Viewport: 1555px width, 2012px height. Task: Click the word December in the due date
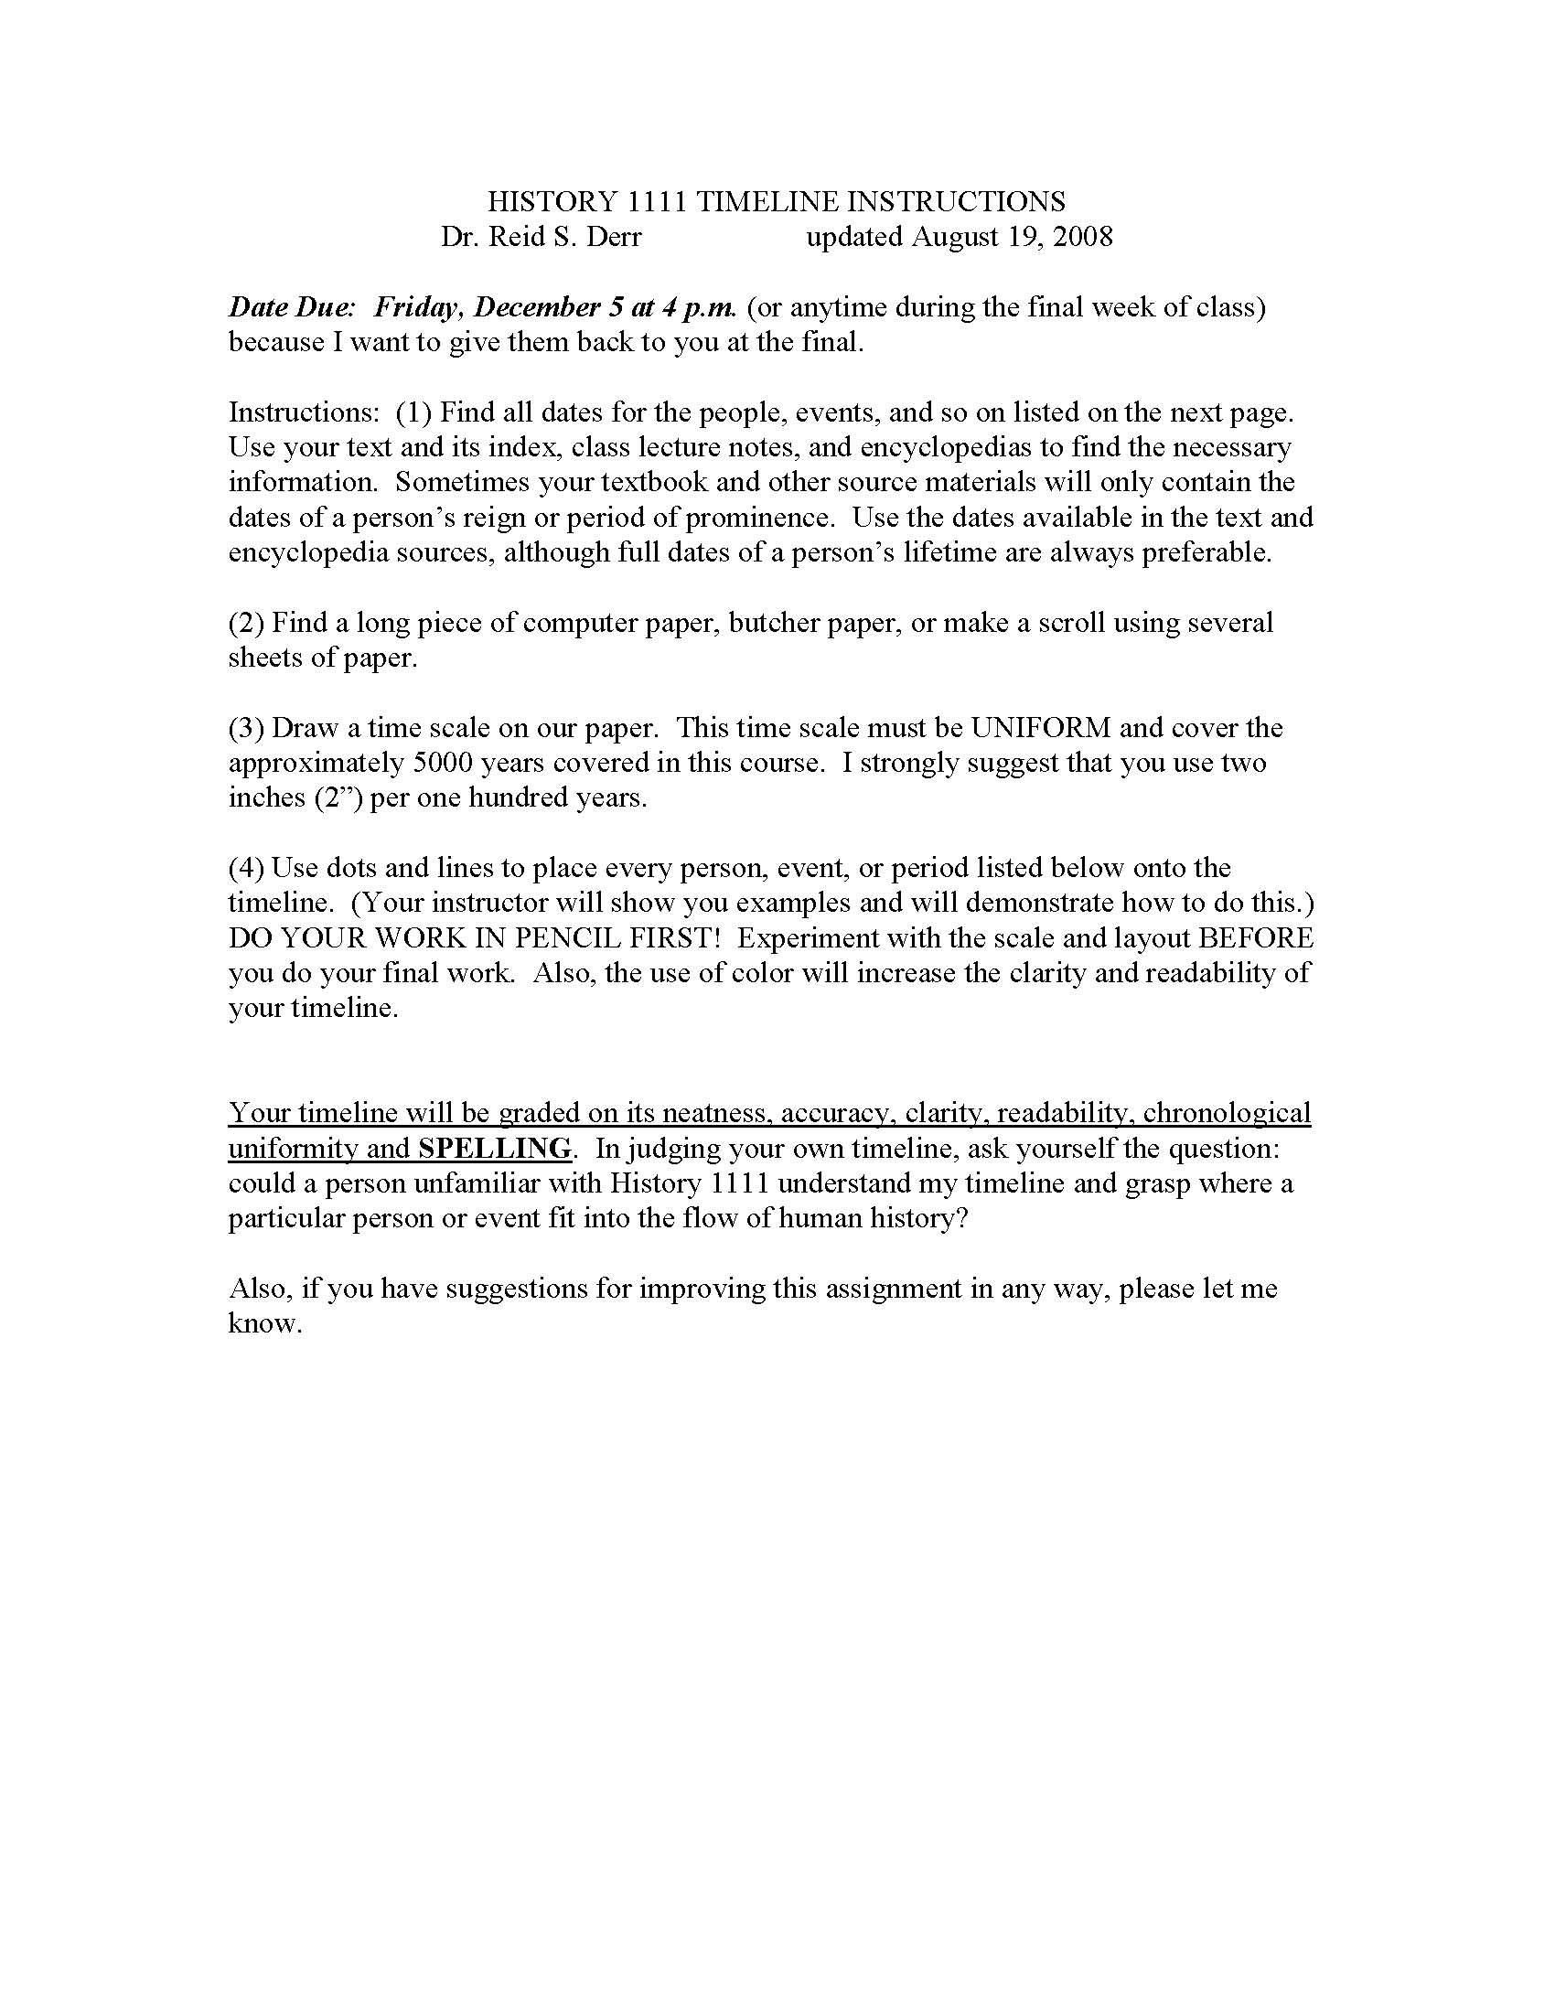click(537, 306)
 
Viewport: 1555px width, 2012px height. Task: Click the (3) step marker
click(246, 728)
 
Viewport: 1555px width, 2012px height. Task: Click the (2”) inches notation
click(339, 797)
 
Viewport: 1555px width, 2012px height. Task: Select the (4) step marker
click(246, 868)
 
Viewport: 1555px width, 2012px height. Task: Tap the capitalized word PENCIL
click(576, 937)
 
